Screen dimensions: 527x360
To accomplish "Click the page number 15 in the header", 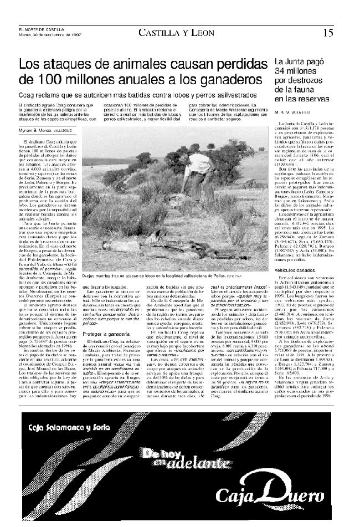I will click(x=328, y=33).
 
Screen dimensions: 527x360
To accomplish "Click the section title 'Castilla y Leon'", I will click(x=177, y=33).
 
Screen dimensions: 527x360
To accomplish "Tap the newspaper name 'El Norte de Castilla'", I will click(x=41, y=30).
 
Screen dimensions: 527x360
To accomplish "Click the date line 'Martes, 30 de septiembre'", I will click(x=48, y=35).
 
